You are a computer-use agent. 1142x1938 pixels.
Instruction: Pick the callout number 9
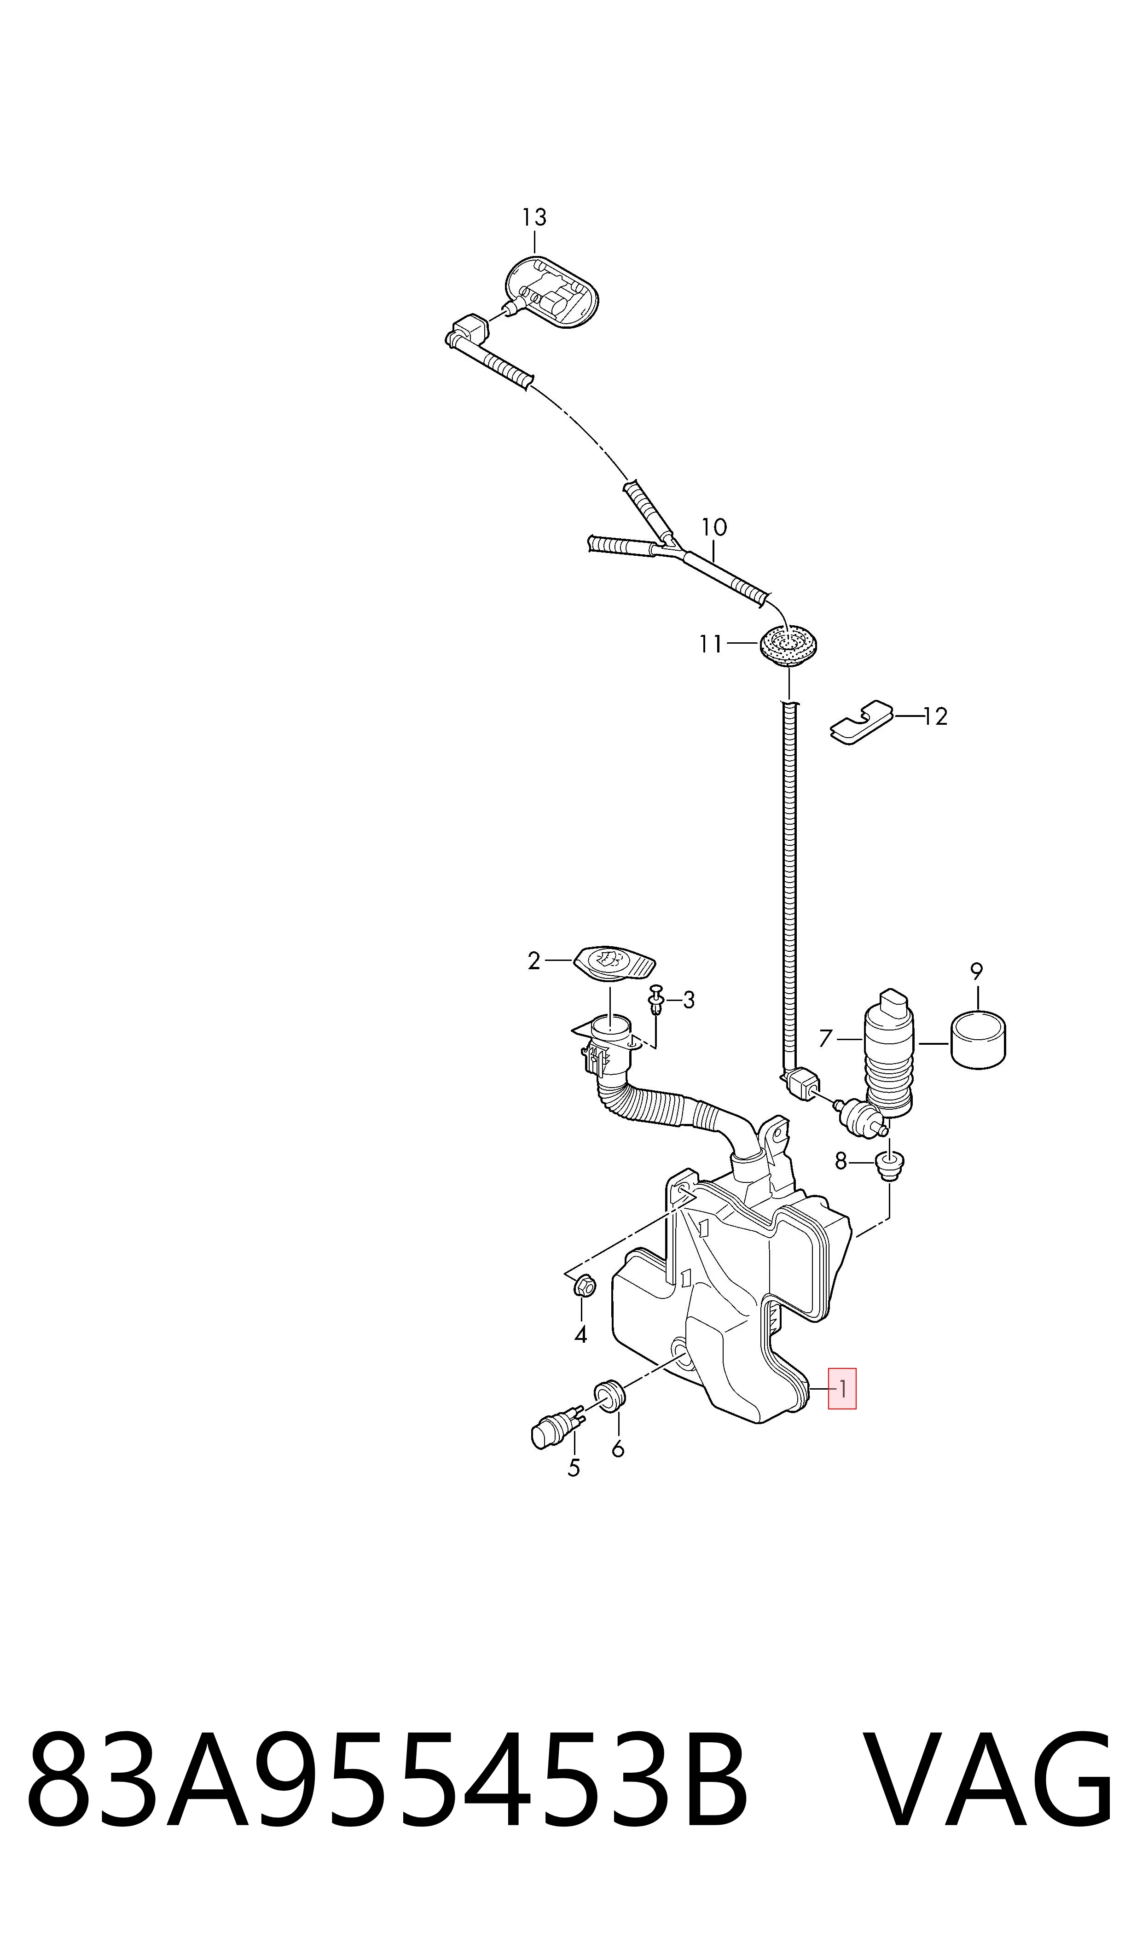pos(977,972)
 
